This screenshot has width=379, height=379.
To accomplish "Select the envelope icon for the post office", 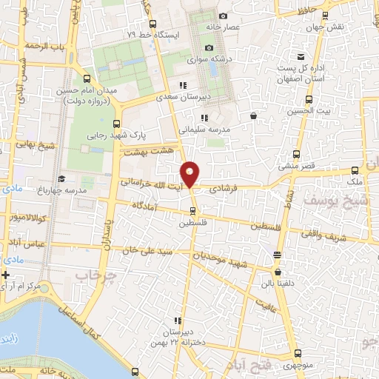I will click(300, 57).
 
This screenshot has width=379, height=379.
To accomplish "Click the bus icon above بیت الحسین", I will click(309, 99).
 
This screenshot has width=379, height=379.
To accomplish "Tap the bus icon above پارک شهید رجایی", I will click(115, 124).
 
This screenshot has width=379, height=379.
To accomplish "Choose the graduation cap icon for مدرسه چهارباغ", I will click(61, 179).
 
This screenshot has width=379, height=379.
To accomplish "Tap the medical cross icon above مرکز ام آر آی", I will click(6, 275).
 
